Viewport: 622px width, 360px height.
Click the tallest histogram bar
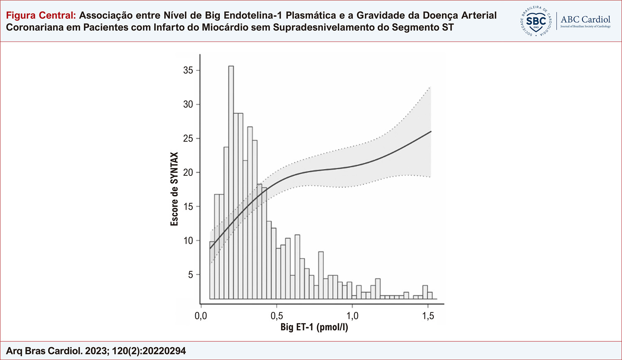tap(231, 182)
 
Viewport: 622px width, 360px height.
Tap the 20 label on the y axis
tap(188, 173)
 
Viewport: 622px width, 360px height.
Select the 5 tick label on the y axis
tap(190, 275)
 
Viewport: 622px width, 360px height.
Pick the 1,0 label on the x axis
tap(352, 316)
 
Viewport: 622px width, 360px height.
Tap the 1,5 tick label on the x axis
tap(428, 316)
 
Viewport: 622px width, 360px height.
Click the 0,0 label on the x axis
tap(201, 316)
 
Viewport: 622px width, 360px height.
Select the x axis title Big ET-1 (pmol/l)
tap(314, 327)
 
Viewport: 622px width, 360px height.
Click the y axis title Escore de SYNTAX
tap(174, 189)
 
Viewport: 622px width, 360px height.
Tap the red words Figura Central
tap(41, 16)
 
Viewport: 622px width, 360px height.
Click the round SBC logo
tap(536, 21)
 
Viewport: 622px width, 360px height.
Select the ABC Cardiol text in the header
tap(586, 19)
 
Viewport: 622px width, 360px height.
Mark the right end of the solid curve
tap(431, 131)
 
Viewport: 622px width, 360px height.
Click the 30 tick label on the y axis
tap(188, 105)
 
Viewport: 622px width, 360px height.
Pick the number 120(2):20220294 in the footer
tap(149, 351)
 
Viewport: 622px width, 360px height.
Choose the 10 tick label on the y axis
tap(188, 241)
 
